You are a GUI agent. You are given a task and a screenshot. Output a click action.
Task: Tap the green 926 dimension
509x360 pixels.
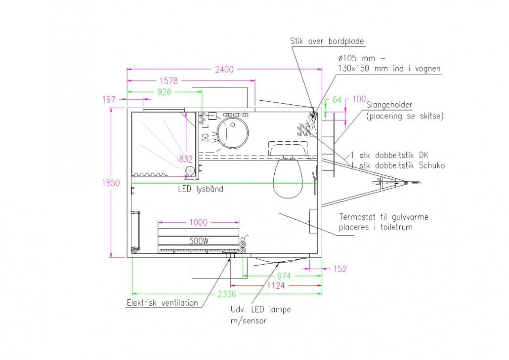pos(167,92)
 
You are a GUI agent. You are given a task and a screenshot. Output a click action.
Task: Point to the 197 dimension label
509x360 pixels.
pos(109,99)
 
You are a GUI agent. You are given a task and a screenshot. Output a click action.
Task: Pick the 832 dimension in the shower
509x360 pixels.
pos(186,159)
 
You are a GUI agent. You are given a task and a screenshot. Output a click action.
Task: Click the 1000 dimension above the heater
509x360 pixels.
pos(198,223)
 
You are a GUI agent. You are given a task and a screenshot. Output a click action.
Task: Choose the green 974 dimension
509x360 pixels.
pos(283,276)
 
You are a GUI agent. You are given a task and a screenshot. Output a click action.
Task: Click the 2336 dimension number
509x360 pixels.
pos(228,294)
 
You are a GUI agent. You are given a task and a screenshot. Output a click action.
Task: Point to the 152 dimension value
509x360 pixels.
pos(340,269)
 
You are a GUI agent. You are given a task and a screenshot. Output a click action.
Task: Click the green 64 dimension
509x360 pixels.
pos(337,100)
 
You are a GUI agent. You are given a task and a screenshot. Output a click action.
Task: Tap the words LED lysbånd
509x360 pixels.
pos(201,189)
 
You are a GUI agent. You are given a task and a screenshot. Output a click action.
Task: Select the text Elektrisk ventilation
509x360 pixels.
pos(162,303)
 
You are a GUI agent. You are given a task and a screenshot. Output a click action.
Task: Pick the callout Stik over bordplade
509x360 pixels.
pos(328,41)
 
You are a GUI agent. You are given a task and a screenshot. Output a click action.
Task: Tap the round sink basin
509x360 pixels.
pos(233,132)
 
